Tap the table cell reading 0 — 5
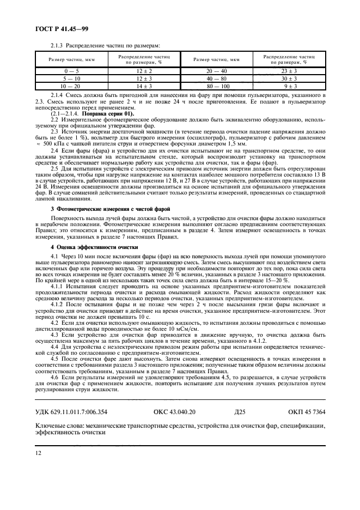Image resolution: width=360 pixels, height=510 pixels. pyautogui.click(x=71, y=70)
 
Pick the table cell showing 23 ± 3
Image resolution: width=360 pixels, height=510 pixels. pyautogui.click(x=288, y=70)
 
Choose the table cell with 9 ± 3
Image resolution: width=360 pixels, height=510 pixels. pyautogui.click(x=288, y=86)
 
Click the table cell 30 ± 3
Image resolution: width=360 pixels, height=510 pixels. pyautogui.click(x=288, y=78)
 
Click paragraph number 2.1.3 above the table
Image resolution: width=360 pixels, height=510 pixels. pyautogui.click(x=57, y=46)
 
